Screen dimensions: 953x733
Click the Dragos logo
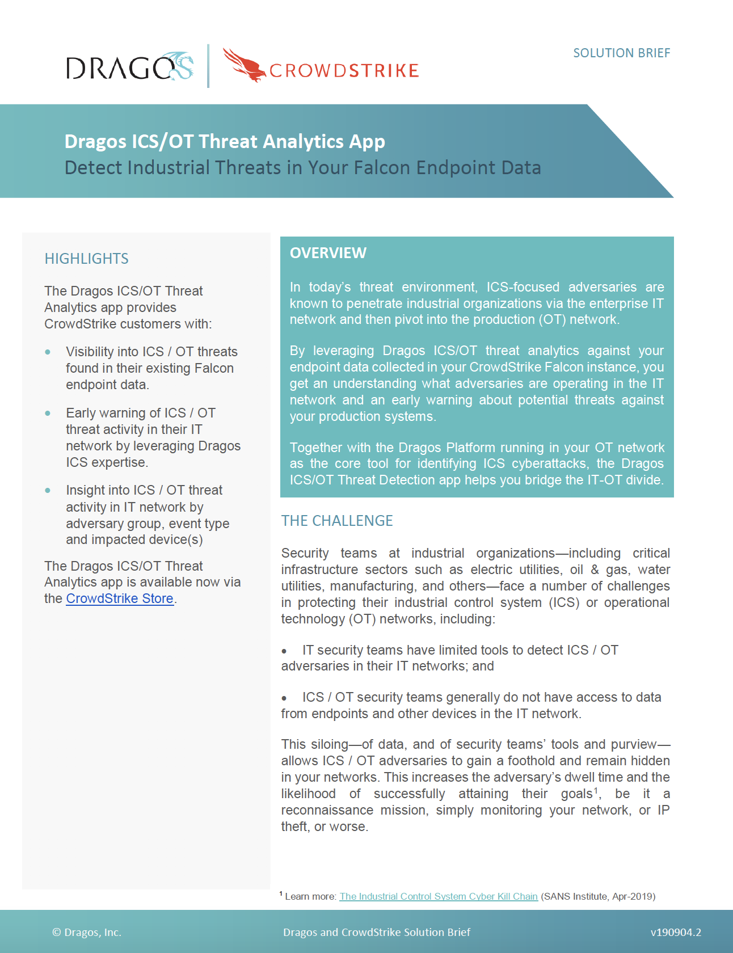[x=129, y=68]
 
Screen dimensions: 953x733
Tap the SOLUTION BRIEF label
[x=621, y=53]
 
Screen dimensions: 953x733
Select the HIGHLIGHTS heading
[x=86, y=259]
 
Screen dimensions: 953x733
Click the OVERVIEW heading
[x=328, y=253]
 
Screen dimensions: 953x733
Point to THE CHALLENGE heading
[x=337, y=521]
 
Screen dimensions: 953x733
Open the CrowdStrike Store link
[x=120, y=598]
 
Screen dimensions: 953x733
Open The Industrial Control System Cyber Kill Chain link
[x=438, y=896]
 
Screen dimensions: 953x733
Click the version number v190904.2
[x=675, y=932]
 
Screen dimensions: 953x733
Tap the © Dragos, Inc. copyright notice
[x=87, y=932]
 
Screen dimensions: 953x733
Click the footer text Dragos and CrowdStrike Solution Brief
[x=377, y=932]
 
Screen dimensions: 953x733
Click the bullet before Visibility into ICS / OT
[x=48, y=352]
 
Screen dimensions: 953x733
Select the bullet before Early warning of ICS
[x=48, y=414]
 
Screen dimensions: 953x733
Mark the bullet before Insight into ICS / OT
[x=48, y=491]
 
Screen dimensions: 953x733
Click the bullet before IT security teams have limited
[x=284, y=651]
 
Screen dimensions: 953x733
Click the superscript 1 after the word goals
[x=596, y=790]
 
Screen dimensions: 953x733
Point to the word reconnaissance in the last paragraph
[x=327, y=810]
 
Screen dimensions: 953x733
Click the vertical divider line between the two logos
[x=208, y=66]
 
